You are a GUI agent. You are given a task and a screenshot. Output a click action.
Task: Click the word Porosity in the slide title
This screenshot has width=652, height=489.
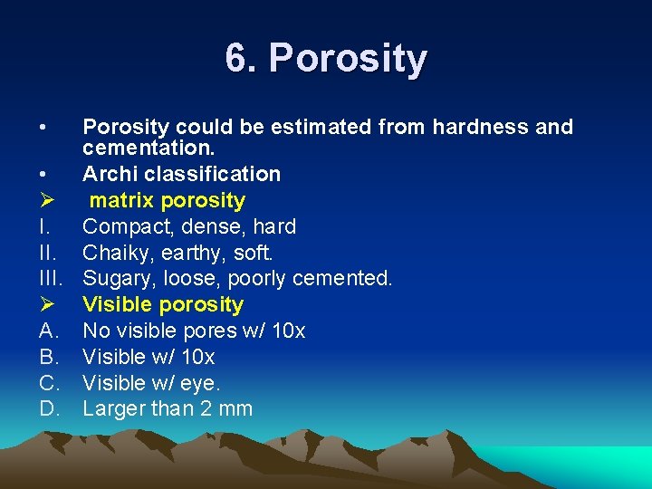click(x=348, y=60)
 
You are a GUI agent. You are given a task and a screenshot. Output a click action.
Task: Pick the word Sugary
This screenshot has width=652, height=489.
click(x=116, y=278)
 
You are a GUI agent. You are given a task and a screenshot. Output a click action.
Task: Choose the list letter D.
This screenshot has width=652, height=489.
click(x=48, y=408)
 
